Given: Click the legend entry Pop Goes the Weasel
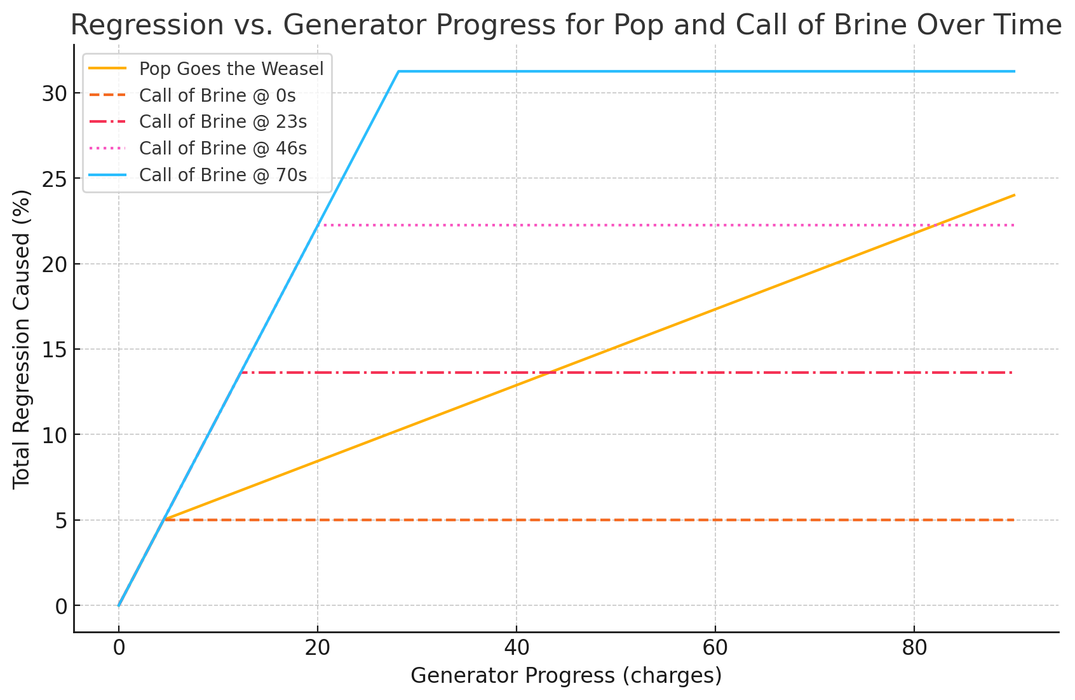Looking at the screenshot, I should [x=231, y=69].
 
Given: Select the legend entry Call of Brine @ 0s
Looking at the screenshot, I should [x=217, y=95].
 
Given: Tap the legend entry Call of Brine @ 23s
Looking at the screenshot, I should [x=222, y=121].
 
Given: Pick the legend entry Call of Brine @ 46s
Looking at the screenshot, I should [x=222, y=148].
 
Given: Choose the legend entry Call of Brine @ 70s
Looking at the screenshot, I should [x=222, y=175].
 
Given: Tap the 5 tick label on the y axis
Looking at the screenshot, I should [x=61, y=521].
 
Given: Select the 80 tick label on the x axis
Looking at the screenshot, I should [x=914, y=649].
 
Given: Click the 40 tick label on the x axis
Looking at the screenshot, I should [x=516, y=649].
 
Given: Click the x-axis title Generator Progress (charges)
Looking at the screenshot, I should [x=566, y=676].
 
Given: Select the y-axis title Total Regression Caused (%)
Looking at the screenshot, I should [x=22, y=338].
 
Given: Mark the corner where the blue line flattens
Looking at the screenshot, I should [x=398, y=71].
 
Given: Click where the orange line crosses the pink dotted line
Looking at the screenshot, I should [x=935, y=225].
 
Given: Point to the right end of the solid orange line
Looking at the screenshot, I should [x=1014, y=195].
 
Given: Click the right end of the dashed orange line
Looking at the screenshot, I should [x=1014, y=520].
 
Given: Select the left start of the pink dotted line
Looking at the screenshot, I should [x=318, y=225].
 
